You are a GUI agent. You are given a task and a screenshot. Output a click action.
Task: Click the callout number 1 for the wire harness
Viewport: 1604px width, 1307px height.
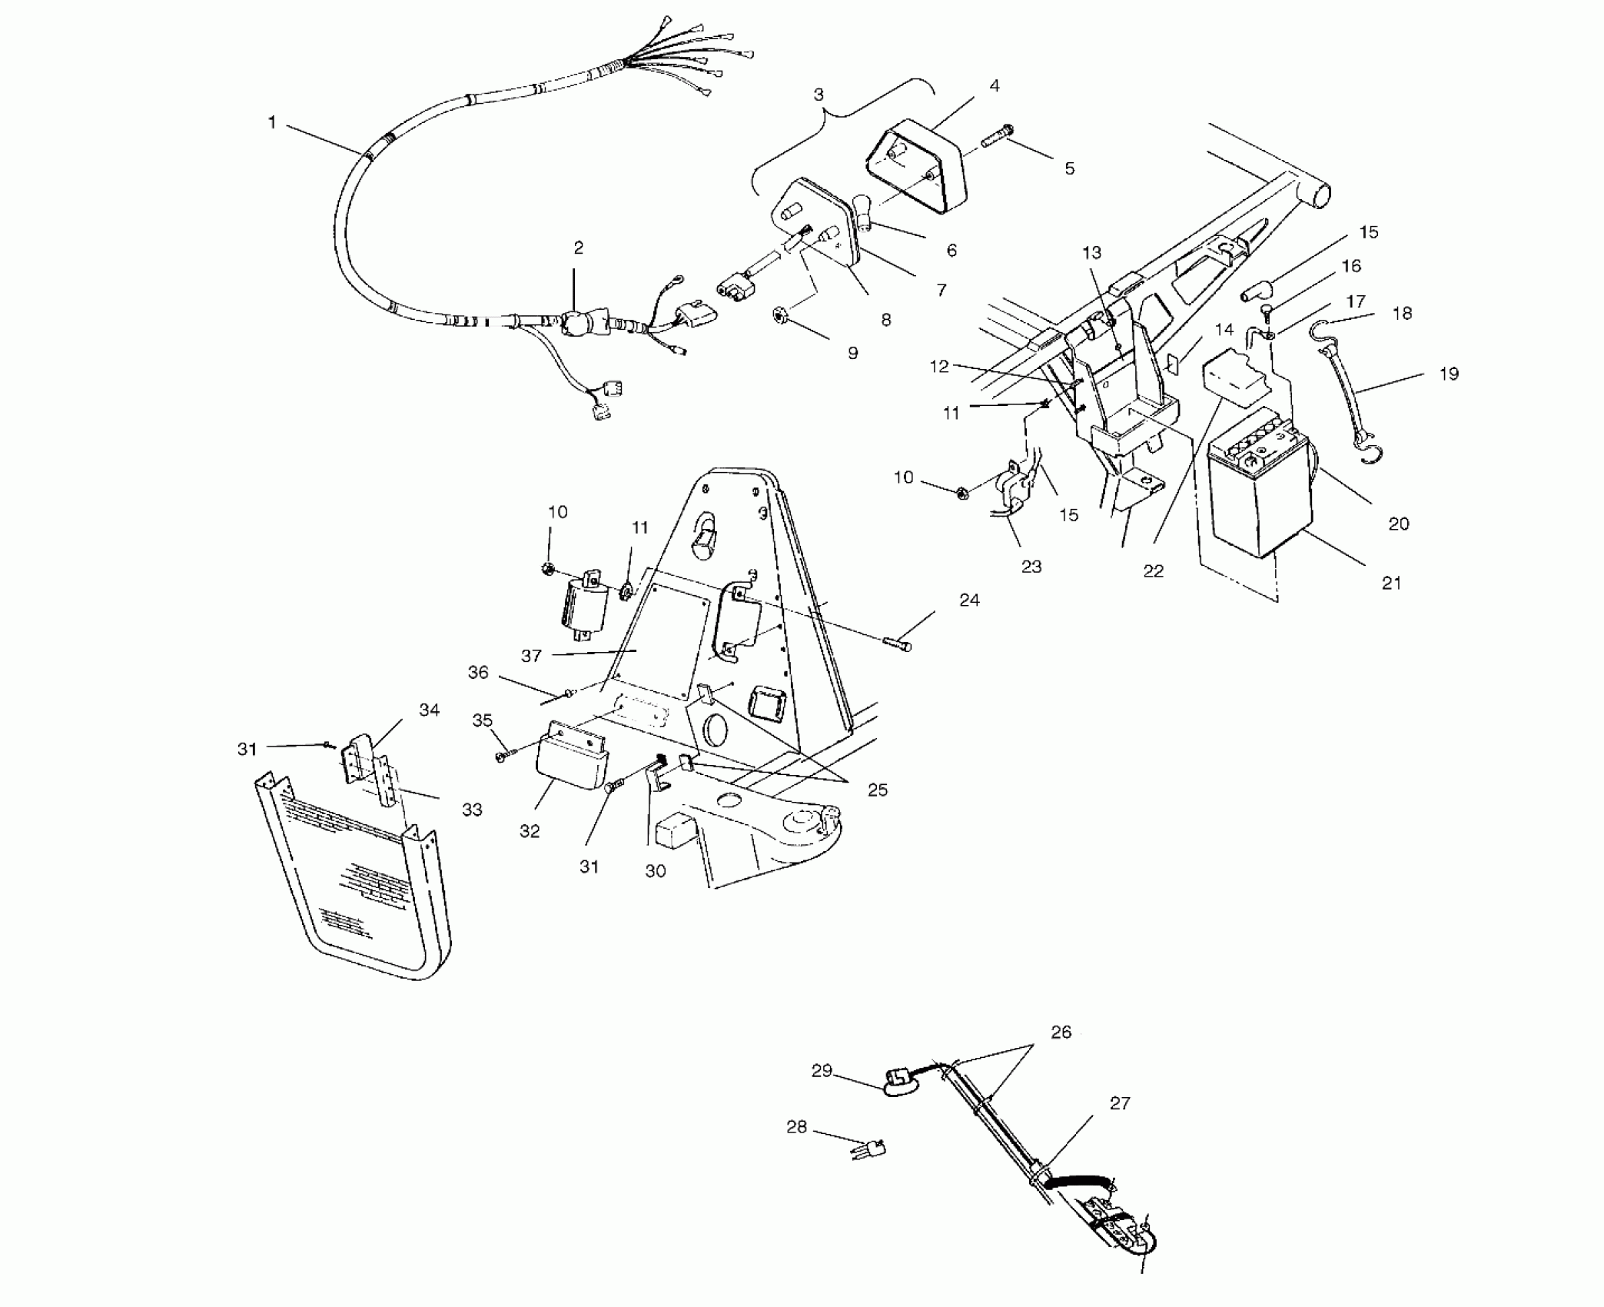271,122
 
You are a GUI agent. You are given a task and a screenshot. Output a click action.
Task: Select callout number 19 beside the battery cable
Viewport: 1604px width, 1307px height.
1448,374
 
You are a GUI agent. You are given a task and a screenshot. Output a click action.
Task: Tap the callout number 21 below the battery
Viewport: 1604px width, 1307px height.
1391,583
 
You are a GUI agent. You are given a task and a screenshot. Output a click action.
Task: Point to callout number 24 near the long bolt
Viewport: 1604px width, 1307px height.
969,600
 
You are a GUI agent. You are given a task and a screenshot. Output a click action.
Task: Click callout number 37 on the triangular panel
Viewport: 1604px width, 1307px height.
531,655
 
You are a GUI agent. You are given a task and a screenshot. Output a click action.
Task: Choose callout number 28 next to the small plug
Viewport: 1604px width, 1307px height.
796,1126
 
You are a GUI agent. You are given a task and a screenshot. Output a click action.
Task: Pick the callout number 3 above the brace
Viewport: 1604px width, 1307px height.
819,95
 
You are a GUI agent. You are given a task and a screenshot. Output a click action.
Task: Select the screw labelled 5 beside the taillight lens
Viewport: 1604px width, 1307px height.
998,143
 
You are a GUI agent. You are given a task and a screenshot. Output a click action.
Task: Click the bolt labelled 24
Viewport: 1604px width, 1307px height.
897,643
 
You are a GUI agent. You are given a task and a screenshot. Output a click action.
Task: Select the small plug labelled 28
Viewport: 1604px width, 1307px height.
870,1150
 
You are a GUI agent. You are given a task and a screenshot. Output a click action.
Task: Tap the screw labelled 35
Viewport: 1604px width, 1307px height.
503,757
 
